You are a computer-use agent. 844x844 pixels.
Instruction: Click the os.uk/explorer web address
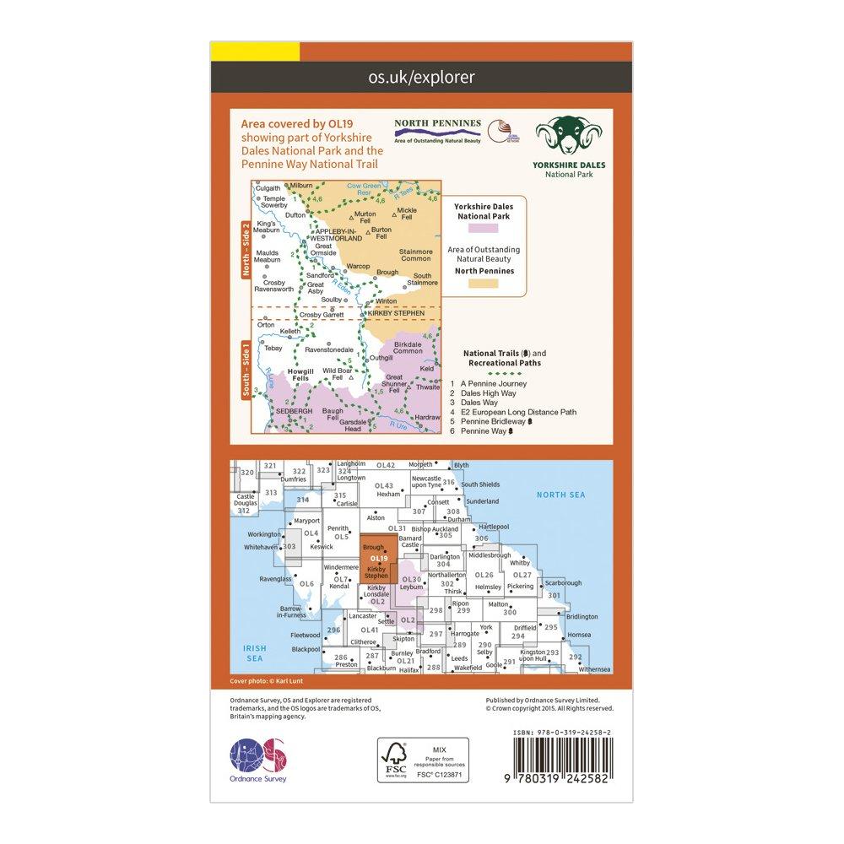(422, 78)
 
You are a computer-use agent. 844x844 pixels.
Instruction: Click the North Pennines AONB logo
(437, 130)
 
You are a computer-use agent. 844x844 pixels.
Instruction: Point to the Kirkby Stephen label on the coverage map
(397, 313)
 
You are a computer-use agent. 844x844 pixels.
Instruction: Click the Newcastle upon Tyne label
(425, 482)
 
